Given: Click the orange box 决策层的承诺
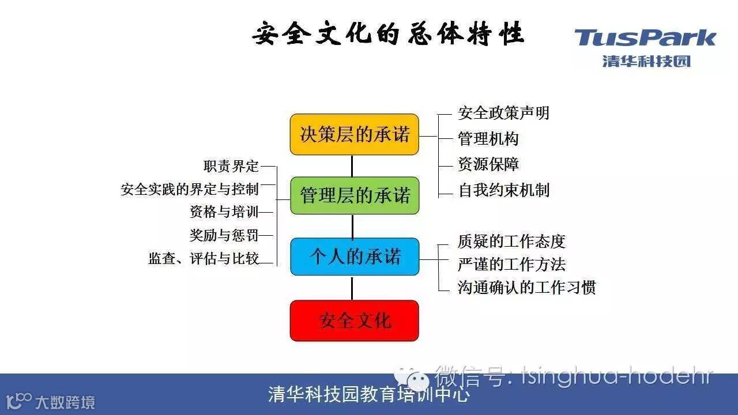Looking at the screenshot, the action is [x=354, y=134].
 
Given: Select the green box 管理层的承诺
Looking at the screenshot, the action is [x=354, y=195].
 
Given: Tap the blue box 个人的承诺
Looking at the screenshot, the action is [x=354, y=256].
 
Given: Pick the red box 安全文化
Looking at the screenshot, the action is [x=354, y=320].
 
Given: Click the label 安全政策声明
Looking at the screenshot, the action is [x=503, y=113].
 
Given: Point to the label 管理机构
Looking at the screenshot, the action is [x=488, y=139].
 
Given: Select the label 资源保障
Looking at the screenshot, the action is [x=488, y=164].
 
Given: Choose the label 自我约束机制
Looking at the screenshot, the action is [x=503, y=190].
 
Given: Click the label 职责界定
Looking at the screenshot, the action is [x=231, y=167].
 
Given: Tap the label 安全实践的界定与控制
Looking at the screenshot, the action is [x=190, y=189].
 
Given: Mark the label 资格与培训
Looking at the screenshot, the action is [x=224, y=212].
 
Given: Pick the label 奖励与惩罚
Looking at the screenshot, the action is [x=224, y=235].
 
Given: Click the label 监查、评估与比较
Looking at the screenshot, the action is [x=204, y=259].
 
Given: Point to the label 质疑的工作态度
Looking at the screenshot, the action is [x=511, y=241].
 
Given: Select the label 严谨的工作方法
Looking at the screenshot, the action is [x=511, y=264].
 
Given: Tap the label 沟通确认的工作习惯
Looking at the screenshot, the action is [x=526, y=287].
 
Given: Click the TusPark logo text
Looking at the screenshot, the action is [x=645, y=39].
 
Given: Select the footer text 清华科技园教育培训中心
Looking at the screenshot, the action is [x=369, y=395].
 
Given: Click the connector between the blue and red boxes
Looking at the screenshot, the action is [x=352, y=288].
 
